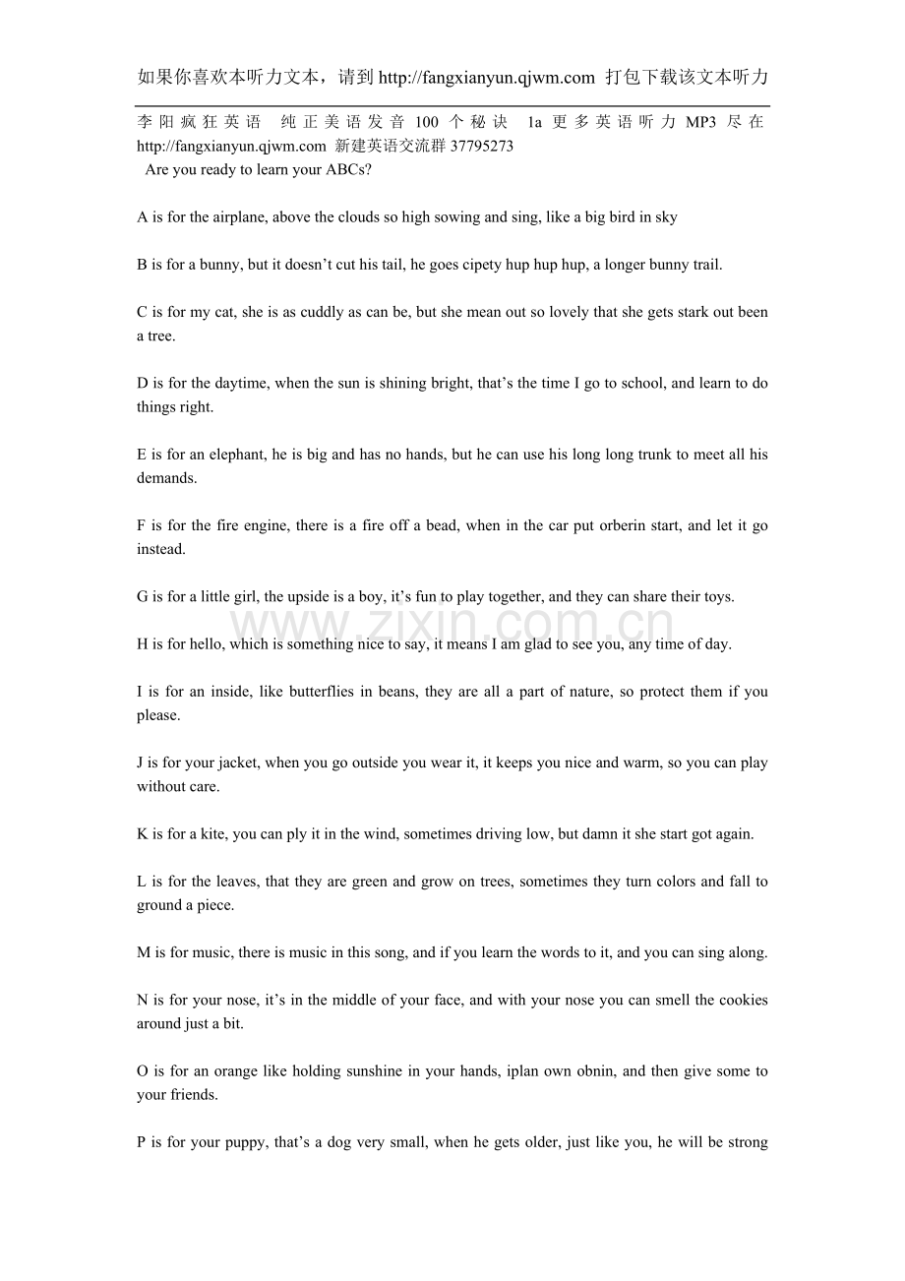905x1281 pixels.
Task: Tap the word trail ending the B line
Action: click(x=702, y=265)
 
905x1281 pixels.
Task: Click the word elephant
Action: click(x=236, y=455)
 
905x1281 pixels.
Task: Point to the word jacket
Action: click(x=238, y=762)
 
